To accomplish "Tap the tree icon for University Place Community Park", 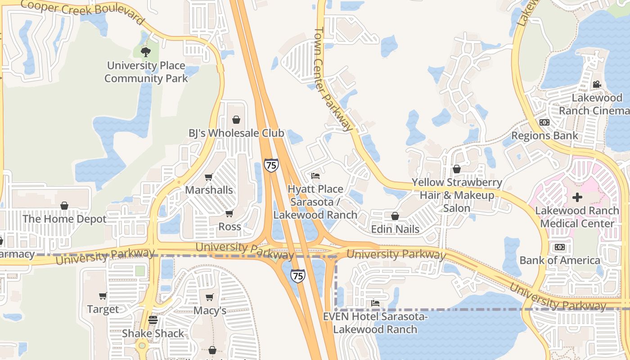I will pos(145,52).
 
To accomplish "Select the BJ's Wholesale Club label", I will pos(236,133).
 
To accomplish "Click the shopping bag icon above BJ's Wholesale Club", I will pos(236,120).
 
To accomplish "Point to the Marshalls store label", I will pos(209,190).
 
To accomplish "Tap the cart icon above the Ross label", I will pos(229,213).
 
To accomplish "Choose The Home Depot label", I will pos(64,219).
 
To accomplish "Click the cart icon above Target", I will pos(103,296).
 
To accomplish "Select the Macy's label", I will pos(210,311).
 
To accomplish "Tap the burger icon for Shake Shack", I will pos(153,320).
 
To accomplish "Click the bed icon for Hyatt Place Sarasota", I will pos(315,175).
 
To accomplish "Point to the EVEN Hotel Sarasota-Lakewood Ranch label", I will pos(375,323).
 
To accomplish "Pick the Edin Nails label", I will pos(395,229).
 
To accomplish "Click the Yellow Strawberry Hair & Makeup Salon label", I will pos(457,195).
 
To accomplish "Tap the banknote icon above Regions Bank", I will pos(544,122).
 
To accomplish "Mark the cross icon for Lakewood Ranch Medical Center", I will pos(577,197).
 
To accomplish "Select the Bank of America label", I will pos(560,260).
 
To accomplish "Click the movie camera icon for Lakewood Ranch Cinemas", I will pos(597,84).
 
